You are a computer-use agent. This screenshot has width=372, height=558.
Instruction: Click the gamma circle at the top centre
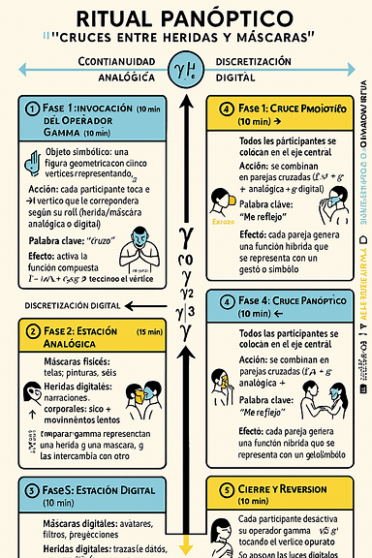click(x=185, y=68)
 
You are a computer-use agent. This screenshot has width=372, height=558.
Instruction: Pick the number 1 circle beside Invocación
click(x=32, y=108)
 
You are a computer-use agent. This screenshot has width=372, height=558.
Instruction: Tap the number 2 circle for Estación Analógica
click(x=32, y=330)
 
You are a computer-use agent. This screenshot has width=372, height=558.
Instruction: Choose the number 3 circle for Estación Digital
click(x=32, y=491)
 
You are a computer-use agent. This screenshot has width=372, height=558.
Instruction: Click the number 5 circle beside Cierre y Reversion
click(x=226, y=490)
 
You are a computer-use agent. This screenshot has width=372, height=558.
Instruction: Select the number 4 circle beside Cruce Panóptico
click(x=226, y=301)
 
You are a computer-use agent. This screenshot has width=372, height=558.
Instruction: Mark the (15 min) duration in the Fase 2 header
click(x=150, y=333)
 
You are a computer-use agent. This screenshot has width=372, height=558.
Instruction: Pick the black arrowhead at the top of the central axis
click(x=186, y=97)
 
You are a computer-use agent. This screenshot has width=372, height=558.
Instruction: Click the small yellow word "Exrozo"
click(x=224, y=221)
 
